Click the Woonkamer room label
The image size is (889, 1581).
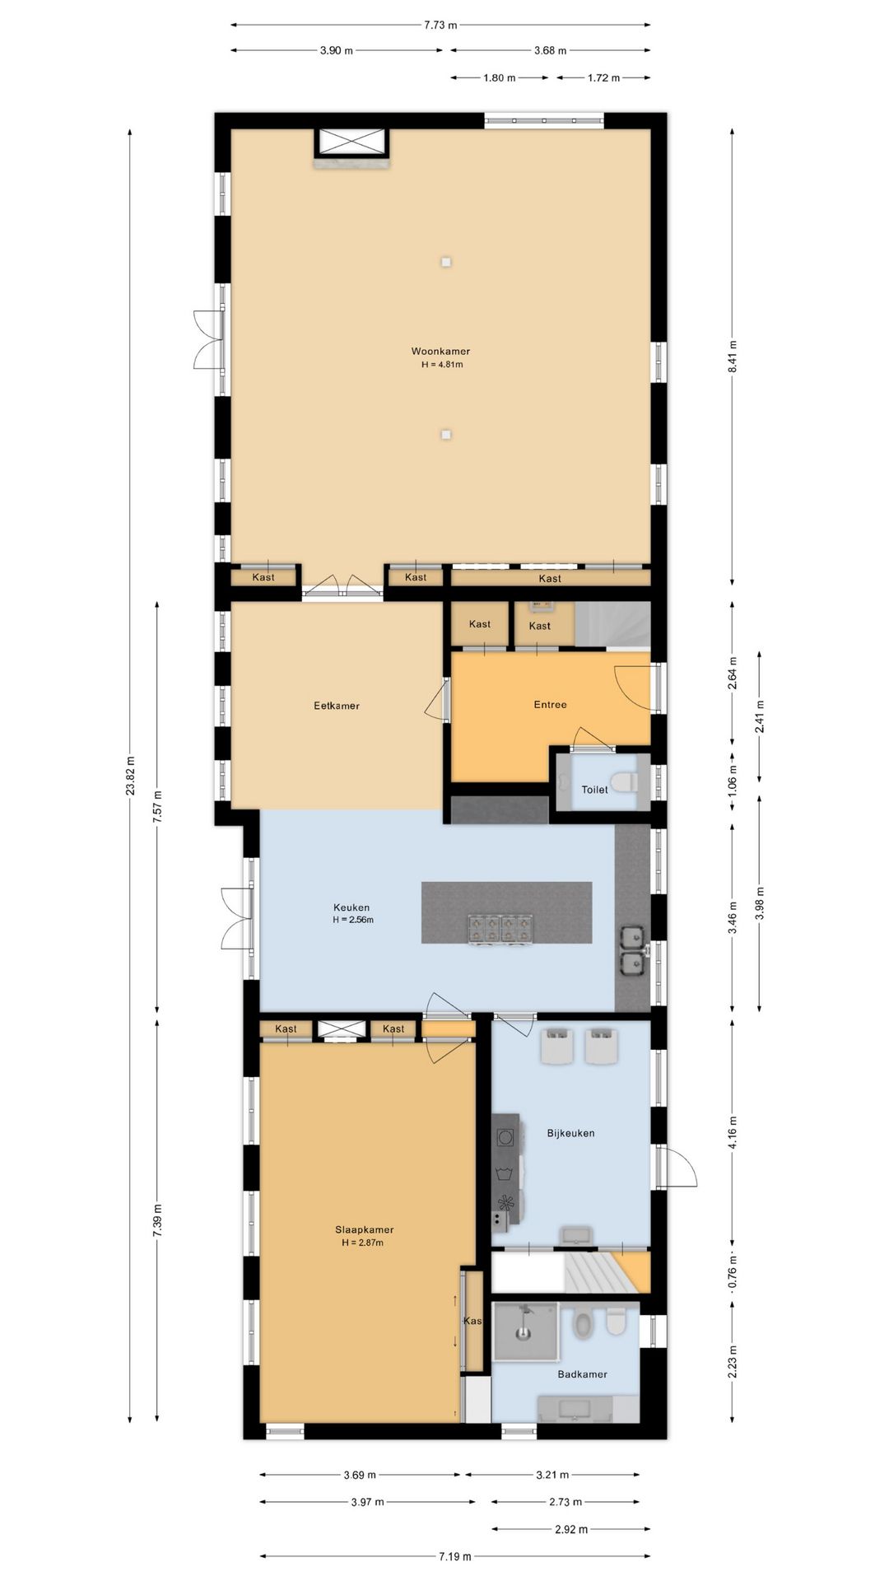(440, 352)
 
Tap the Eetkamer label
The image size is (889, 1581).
(337, 706)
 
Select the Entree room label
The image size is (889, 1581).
(550, 705)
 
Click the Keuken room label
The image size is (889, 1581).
(351, 907)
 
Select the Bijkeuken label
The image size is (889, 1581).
(570, 1133)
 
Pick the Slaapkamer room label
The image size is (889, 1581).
(363, 1230)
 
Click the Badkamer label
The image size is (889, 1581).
(582, 1374)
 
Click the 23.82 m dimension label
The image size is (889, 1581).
(130, 777)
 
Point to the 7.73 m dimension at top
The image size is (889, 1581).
(440, 25)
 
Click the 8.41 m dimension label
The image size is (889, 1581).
(733, 357)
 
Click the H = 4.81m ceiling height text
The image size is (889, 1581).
(442, 364)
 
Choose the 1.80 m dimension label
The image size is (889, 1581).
(499, 77)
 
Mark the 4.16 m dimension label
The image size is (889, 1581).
(733, 1133)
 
